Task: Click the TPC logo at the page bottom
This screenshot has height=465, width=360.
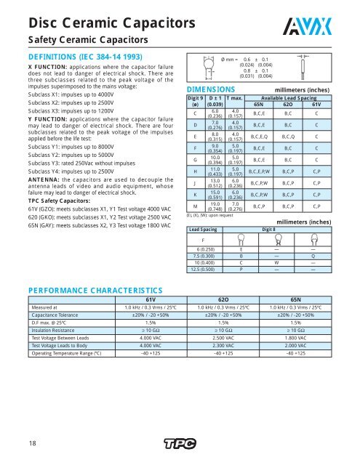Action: (180, 443)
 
